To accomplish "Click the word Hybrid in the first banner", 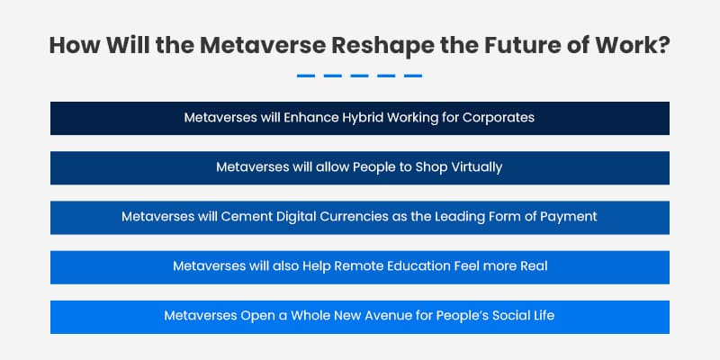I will click(355, 118).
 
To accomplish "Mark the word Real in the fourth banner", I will click(532, 266).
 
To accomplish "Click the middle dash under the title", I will click(360, 76).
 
